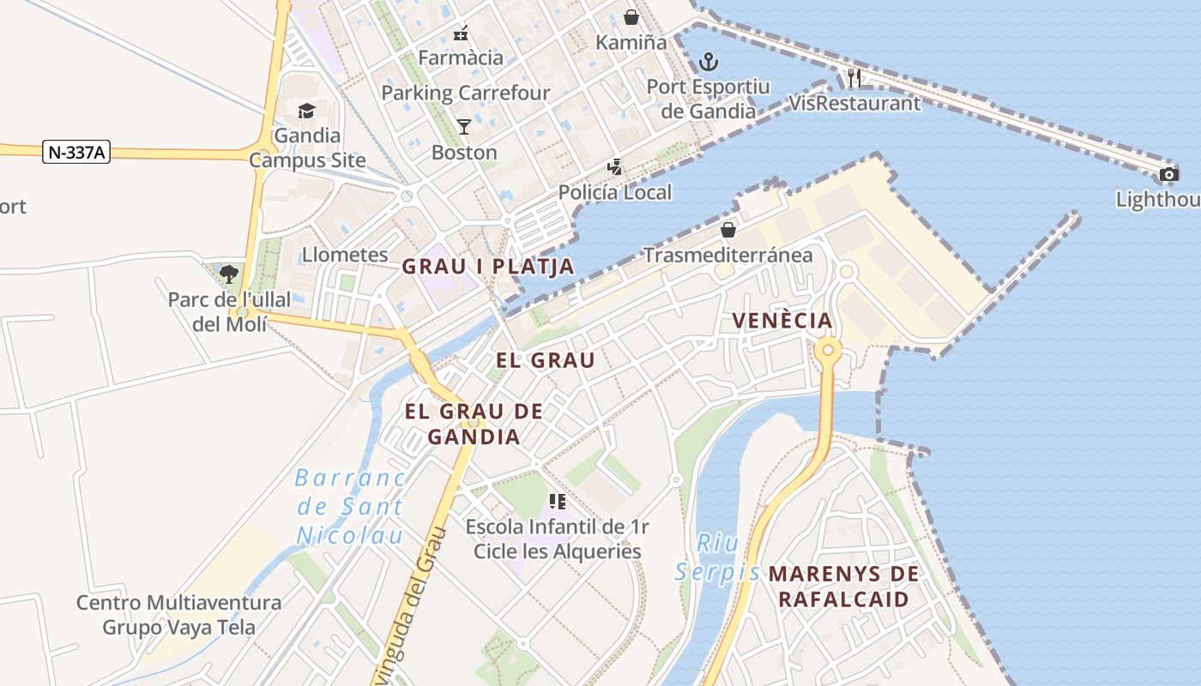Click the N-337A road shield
click(x=76, y=153)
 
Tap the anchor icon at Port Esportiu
click(x=708, y=62)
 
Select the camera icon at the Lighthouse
click(x=1168, y=175)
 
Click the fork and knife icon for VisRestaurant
click(x=854, y=78)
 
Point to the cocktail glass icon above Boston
click(x=464, y=127)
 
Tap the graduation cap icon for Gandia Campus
click(x=306, y=111)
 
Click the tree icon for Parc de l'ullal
click(x=229, y=274)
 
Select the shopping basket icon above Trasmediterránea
click(x=728, y=230)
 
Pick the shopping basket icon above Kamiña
click(x=631, y=17)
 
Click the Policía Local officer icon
click(x=615, y=166)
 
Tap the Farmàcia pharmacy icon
click(x=461, y=33)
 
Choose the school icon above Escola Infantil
click(x=558, y=501)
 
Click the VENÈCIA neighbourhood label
click(x=782, y=321)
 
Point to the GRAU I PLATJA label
click(x=488, y=266)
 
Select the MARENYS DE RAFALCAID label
click(x=843, y=587)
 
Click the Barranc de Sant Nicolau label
click(x=349, y=507)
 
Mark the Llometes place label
click(x=345, y=255)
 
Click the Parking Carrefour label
click(x=465, y=93)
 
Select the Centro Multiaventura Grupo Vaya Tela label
click(x=178, y=615)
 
